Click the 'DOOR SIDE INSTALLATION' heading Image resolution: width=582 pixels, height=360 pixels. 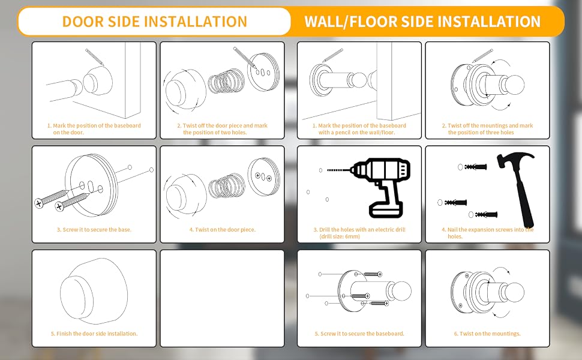[154, 22]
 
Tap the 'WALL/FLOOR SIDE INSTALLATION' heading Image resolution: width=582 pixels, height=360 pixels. [422, 22]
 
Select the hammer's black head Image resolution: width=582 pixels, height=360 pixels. [515, 158]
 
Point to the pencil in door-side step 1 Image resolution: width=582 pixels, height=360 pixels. [95, 57]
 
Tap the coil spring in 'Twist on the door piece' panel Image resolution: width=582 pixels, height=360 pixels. [226, 185]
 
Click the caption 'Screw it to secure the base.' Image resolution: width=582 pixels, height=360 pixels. [94, 230]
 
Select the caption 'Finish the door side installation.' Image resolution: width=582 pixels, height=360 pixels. [94, 334]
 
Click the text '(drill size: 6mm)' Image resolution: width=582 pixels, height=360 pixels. [339, 236]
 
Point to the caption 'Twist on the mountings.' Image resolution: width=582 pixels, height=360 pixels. [487, 334]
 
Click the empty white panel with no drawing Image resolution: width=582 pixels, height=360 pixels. [222, 298]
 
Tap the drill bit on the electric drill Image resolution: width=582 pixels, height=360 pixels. [338, 170]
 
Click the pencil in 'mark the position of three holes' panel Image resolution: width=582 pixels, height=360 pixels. [482, 56]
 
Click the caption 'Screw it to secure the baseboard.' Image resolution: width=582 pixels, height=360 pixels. [359, 334]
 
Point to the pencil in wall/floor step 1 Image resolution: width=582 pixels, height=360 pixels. [332, 55]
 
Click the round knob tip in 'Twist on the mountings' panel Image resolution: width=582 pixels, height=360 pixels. [514, 292]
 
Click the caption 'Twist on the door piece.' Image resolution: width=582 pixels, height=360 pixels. [223, 230]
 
